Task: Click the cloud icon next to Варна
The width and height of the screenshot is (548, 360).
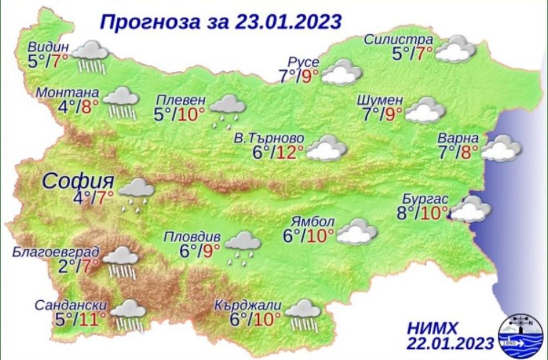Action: (x=501, y=148)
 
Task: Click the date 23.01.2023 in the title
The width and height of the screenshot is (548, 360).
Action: (x=288, y=22)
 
